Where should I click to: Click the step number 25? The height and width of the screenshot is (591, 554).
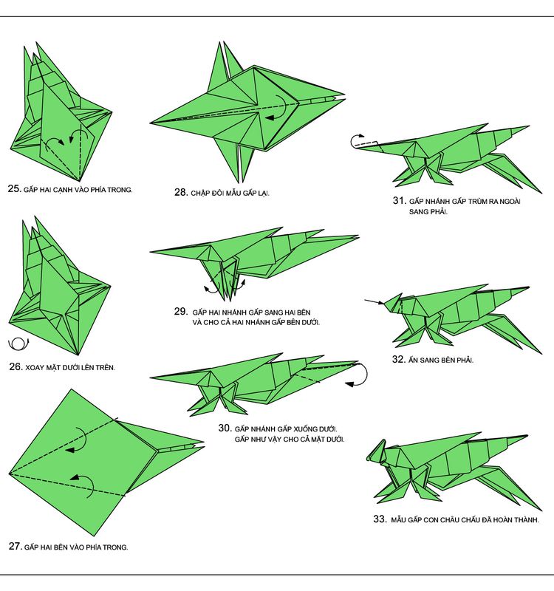[x=14, y=188]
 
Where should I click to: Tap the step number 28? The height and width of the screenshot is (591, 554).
[x=181, y=192]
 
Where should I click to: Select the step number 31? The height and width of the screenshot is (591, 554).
[x=399, y=200]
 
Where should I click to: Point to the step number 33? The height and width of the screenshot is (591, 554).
[x=380, y=519]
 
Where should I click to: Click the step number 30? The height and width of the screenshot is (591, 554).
[x=225, y=428]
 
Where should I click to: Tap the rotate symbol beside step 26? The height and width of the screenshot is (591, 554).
[x=18, y=344]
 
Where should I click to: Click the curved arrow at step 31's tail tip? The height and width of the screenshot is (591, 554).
[x=356, y=140]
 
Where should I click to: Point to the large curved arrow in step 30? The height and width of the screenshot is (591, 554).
[x=360, y=375]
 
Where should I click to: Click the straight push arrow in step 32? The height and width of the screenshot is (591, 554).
[x=374, y=301]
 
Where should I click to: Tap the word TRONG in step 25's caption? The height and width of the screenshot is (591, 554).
[x=120, y=190]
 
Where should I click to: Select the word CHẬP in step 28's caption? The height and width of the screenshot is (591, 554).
[x=199, y=194]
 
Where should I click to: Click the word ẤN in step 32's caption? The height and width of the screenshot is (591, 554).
[x=413, y=360]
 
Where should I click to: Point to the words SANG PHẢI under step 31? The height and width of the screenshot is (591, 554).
[x=428, y=212]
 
